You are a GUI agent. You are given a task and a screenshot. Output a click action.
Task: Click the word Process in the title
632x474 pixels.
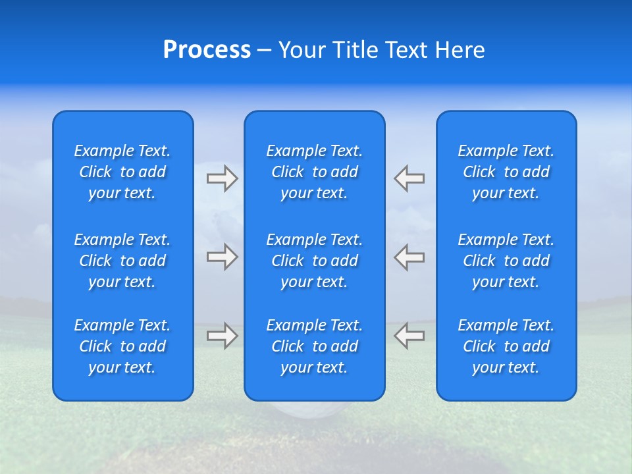pos(207,50)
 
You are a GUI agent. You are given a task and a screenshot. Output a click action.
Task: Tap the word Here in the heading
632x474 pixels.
pos(460,50)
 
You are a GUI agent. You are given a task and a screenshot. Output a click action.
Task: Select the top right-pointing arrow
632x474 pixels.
pos(222,178)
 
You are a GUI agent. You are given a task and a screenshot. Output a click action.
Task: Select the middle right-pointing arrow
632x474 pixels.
pos(222,257)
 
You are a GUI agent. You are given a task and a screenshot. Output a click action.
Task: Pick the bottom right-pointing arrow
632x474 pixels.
pos(222,336)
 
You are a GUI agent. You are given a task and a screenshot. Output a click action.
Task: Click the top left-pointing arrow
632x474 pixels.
pos(409,178)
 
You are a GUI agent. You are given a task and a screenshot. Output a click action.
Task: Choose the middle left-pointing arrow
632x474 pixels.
pos(409,257)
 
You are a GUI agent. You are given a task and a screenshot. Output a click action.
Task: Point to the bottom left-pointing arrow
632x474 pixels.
pos(409,336)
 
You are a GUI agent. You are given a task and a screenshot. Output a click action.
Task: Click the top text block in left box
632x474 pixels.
pos(122,172)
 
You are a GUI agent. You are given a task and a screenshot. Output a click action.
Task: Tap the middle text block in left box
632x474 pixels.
pos(122,261)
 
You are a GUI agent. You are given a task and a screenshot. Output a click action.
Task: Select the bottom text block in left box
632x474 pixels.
pos(122,346)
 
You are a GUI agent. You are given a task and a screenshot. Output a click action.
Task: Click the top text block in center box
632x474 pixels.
pos(314,172)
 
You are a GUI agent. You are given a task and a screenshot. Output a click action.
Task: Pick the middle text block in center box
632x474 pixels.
pos(314,261)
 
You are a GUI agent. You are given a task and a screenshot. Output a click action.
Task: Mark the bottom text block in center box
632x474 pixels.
pos(314,346)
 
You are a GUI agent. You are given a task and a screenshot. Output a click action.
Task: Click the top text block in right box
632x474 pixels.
pos(506,172)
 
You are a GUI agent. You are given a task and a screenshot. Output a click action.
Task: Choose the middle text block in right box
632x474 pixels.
pos(506,261)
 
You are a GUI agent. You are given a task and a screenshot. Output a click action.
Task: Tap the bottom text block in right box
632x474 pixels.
pos(506,346)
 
